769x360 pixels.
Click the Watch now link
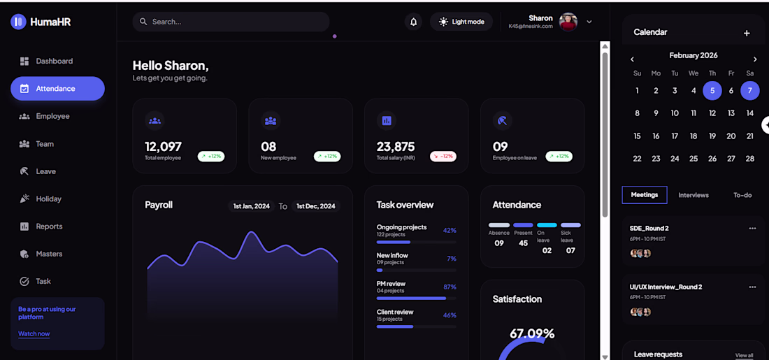pyautogui.click(x=34, y=334)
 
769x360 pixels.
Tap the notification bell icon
pyautogui.click(x=413, y=22)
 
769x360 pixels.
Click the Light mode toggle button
pyautogui.click(x=461, y=22)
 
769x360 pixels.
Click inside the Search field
pyautogui.click(x=231, y=22)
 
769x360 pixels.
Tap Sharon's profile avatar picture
pyautogui.click(x=568, y=22)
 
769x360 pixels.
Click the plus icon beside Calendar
pyautogui.click(x=747, y=33)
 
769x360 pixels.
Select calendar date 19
pyautogui.click(x=712, y=136)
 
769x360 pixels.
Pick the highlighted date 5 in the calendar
pyautogui.click(x=712, y=90)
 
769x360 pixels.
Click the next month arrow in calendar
pyautogui.click(x=755, y=59)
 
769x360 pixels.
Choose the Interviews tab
pyautogui.click(x=693, y=195)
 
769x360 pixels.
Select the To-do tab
pyautogui.click(x=742, y=195)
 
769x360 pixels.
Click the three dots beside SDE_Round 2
pyautogui.click(x=752, y=229)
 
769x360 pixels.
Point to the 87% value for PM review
pyautogui.click(x=450, y=287)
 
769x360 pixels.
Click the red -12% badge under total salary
pyautogui.click(x=443, y=157)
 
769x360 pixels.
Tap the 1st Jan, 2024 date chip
pyautogui.click(x=252, y=206)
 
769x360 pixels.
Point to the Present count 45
pyautogui.click(x=523, y=243)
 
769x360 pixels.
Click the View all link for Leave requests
pyautogui.click(x=745, y=355)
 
